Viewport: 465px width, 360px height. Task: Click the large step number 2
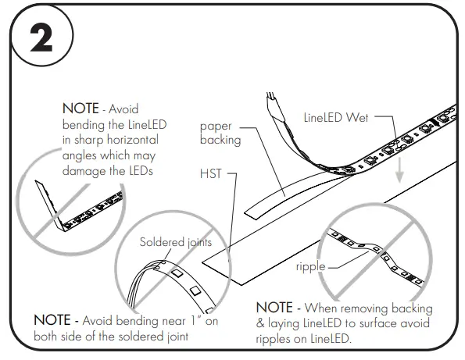tap(38, 37)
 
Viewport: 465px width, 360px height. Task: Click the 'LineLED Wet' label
tap(335, 118)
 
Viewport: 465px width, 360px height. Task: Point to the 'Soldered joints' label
tap(176, 242)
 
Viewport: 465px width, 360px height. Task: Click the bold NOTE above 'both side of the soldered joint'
tap(54, 320)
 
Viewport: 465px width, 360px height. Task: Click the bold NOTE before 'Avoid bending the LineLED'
tap(81, 110)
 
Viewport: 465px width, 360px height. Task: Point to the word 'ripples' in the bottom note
tap(274, 339)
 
